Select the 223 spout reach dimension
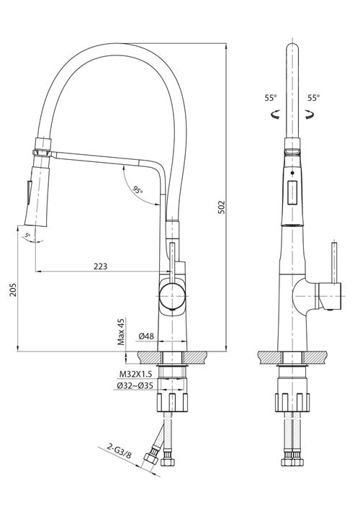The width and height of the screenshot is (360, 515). click(100, 266)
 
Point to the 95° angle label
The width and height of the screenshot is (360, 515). click(138, 191)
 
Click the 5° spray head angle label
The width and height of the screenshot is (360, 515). click(28, 236)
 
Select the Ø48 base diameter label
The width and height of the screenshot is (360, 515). click(146, 336)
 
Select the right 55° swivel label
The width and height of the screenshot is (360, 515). click(314, 97)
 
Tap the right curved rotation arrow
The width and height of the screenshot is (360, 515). click(310, 113)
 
